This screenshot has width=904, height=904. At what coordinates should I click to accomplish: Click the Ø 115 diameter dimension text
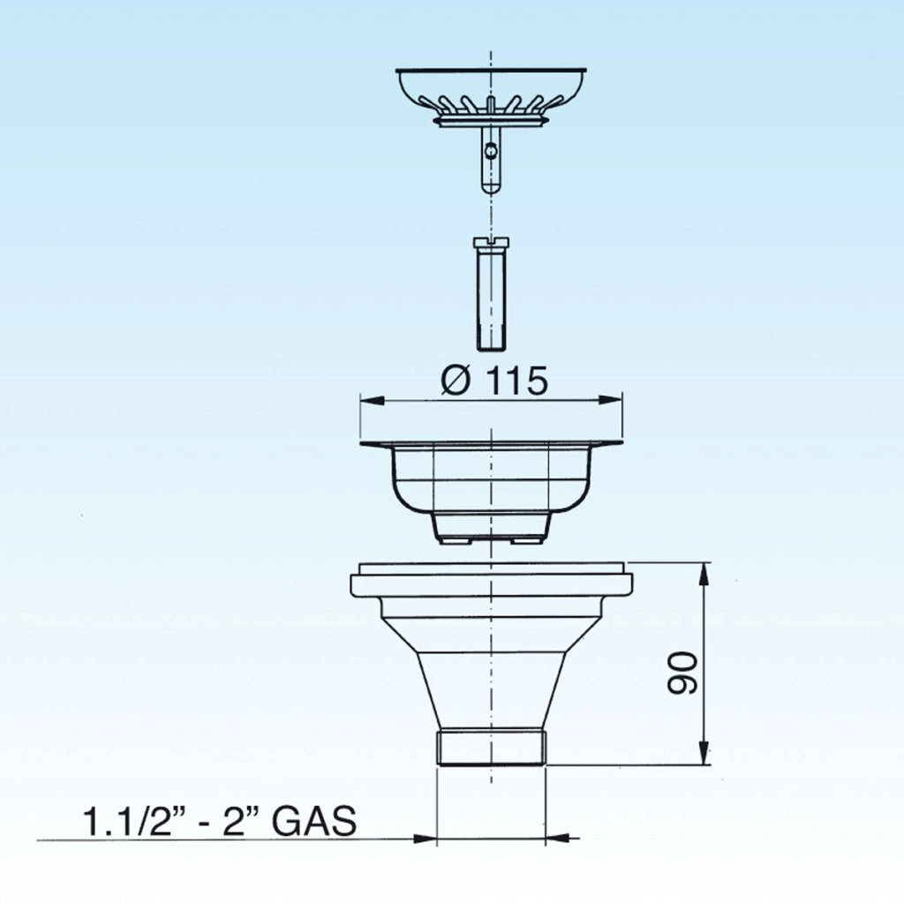pyautogui.click(x=494, y=380)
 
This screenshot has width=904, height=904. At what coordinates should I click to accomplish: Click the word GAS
pyautogui.click(x=314, y=821)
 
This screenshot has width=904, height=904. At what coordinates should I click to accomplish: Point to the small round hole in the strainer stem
pyautogui.click(x=490, y=151)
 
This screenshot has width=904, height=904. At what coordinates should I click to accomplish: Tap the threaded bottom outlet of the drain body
pyautogui.click(x=491, y=748)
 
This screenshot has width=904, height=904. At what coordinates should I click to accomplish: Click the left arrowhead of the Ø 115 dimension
pyautogui.click(x=373, y=400)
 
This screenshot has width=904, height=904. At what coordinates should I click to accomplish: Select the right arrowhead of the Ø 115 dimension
pyautogui.click(x=610, y=400)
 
